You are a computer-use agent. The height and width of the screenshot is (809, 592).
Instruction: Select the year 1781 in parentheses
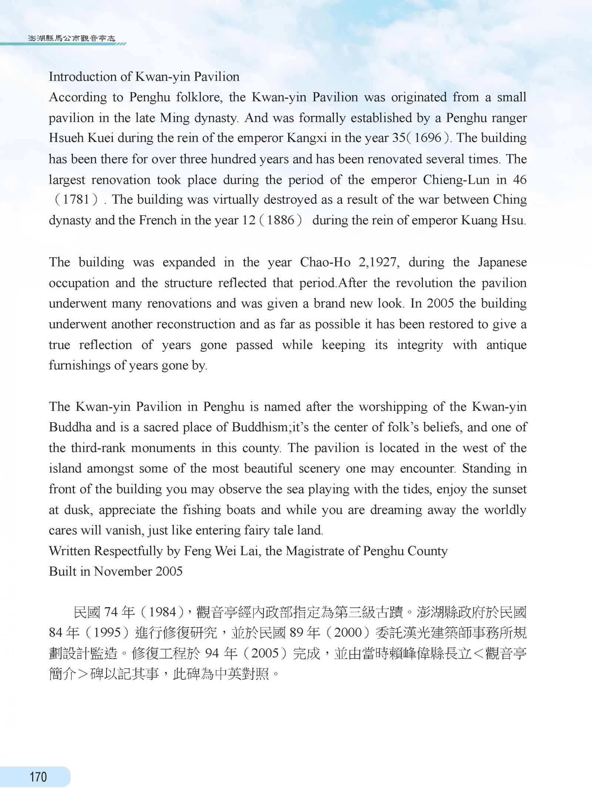pos(76,200)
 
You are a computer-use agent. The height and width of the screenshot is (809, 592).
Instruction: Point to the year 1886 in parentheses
pos(280,221)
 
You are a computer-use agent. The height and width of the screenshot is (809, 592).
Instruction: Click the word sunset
pos(504,489)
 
